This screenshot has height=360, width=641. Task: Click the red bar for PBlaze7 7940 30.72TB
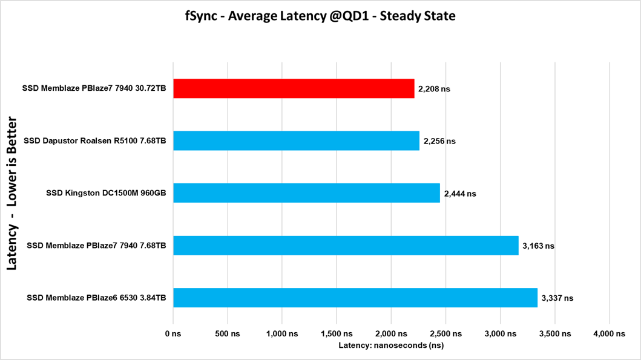pyautogui.click(x=294, y=88)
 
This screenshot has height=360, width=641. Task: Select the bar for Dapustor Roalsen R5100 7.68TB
pyautogui.click(x=296, y=141)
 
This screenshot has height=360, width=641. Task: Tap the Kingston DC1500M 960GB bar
pyautogui.click(x=306, y=193)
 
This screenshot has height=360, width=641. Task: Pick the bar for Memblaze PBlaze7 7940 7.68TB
pyautogui.click(x=346, y=246)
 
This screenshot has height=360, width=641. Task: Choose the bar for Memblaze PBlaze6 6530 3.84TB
pyautogui.click(x=355, y=298)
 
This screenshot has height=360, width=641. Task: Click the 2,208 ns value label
pyautogui.click(x=434, y=89)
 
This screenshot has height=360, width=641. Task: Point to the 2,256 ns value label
pyautogui.click(x=439, y=142)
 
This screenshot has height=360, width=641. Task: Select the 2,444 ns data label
pyautogui.click(x=460, y=194)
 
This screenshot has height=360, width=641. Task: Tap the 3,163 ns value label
pyautogui.click(x=538, y=246)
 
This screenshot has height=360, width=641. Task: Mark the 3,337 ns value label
pyautogui.click(x=557, y=298)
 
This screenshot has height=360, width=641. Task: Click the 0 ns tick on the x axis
pyautogui.click(x=174, y=334)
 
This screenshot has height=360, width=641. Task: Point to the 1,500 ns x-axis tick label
pyautogui.click(x=337, y=334)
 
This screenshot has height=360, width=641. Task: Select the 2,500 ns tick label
pyautogui.click(x=446, y=334)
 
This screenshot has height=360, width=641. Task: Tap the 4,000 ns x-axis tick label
pyautogui.click(x=610, y=334)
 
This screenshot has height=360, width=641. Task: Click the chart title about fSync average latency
pyautogui.click(x=320, y=16)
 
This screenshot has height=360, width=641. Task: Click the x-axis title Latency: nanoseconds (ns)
pyautogui.click(x=392, y=345)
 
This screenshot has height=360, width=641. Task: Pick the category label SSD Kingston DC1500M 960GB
pyautogui.click(x=107, y=194)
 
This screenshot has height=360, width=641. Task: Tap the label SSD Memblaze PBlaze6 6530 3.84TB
pyautogui.click(x=97, y=298)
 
